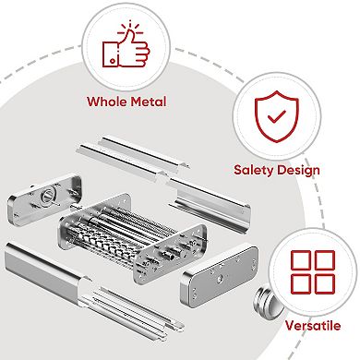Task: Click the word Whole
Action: (x=106, y=102)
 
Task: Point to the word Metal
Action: (x=148, y=102)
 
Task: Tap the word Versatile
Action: (x=312, y=325)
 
